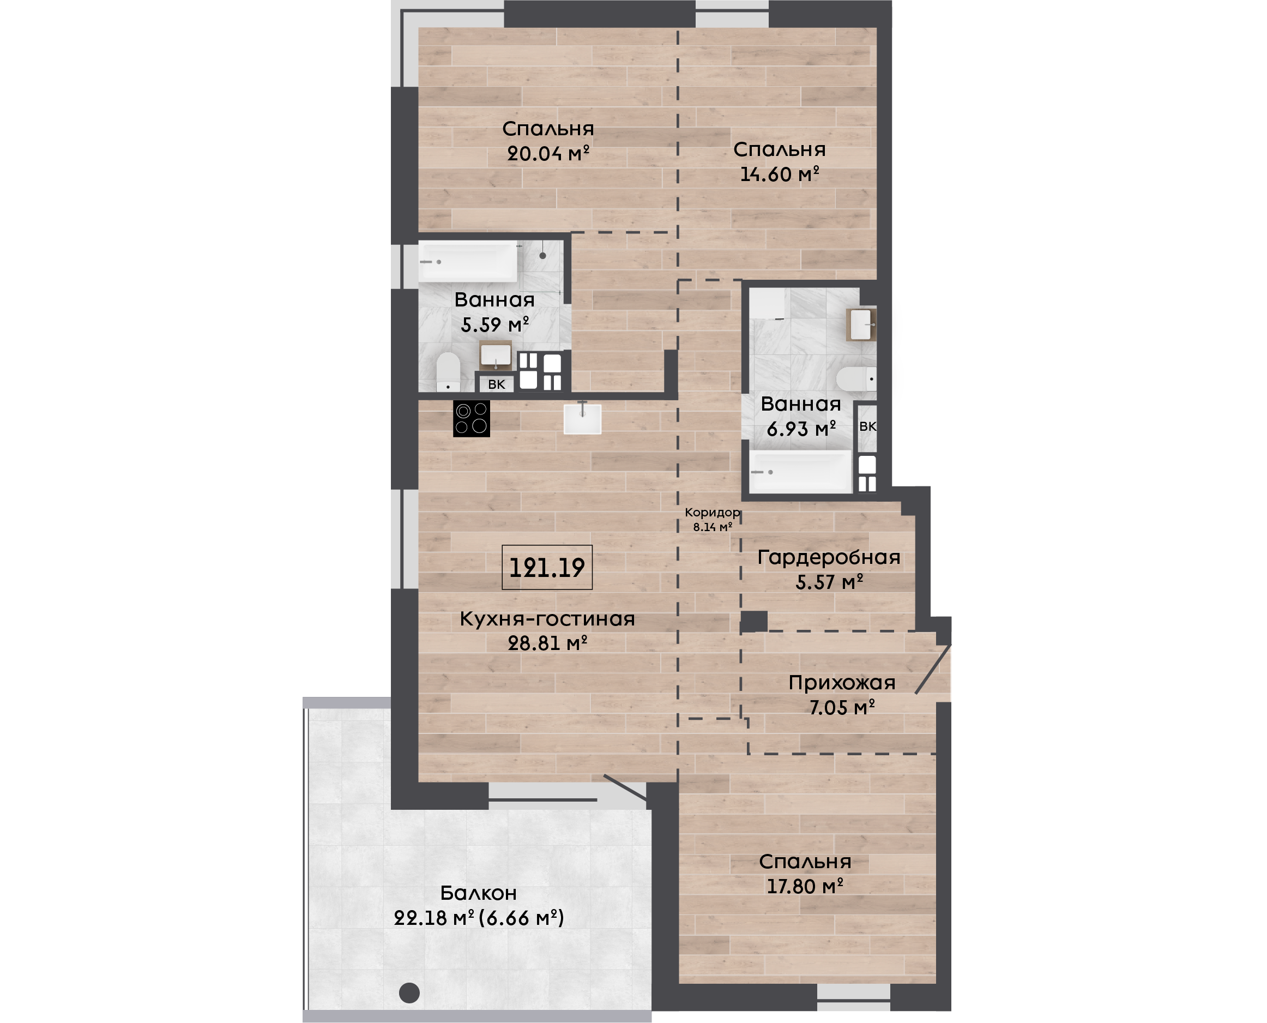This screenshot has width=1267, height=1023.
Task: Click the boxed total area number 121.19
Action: pos(547,567)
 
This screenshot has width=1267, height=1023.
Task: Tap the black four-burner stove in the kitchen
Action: pos(471,419)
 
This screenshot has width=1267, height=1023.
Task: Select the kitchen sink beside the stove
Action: pos(583,419)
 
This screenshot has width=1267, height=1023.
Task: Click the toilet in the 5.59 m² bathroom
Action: pos(448,372)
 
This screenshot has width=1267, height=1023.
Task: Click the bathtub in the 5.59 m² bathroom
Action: pos(468,261)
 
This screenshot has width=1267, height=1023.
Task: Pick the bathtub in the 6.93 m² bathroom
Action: pos(800,472)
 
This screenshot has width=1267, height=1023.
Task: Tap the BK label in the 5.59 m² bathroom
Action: pos(497,384)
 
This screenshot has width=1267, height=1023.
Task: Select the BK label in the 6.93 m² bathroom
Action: pos(867,426)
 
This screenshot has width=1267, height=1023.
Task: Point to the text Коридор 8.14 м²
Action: pos(712,519)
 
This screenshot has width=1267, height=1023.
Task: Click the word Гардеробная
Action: pos(829,557)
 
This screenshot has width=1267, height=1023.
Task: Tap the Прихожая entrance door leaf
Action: pos(933,669)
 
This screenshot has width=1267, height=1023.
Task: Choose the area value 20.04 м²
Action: pos(548,153)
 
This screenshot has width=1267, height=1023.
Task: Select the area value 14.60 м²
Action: pos(779,174)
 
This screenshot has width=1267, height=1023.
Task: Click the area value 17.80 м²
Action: pos(805,886)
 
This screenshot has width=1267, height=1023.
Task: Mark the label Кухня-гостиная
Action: pos(547,619)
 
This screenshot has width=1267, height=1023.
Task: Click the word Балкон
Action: pos(478,893)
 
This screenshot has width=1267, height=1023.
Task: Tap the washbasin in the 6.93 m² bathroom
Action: pos(861,324)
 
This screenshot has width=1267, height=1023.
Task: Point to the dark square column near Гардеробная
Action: pos(754,621)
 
